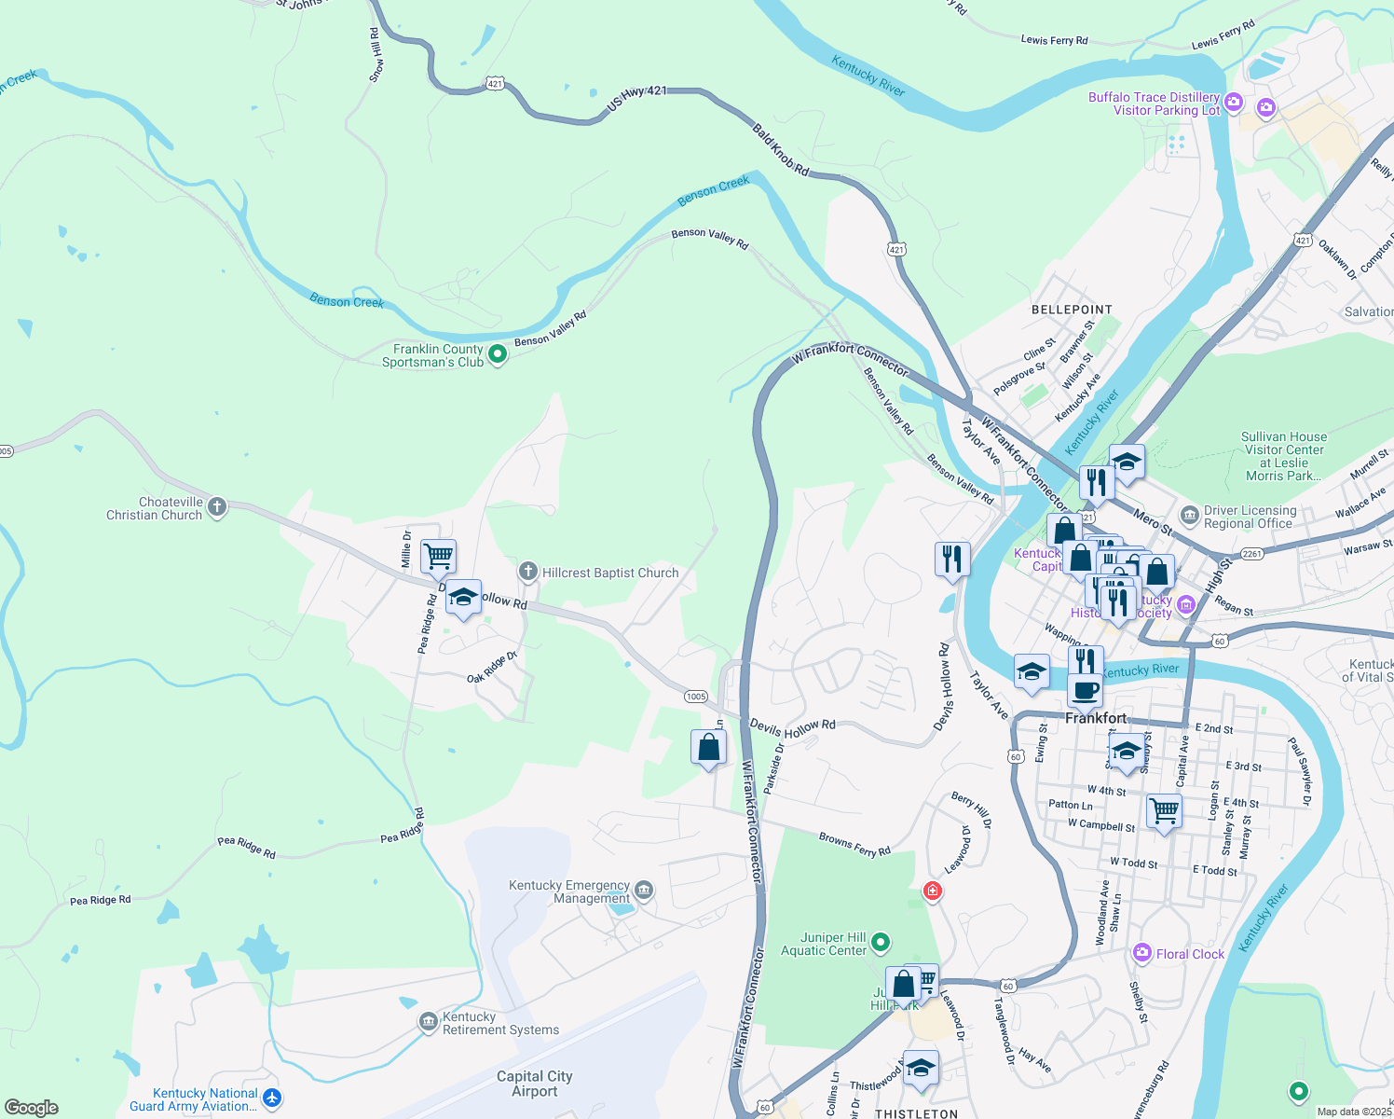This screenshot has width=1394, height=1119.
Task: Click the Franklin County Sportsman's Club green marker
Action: click(498, 354)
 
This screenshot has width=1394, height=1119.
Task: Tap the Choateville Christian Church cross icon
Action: click(217, 507)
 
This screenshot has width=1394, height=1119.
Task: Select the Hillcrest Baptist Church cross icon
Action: click(528, 571)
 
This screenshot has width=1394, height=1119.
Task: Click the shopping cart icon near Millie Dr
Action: click(438, 557)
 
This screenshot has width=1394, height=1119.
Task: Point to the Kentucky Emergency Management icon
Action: click(644, 891)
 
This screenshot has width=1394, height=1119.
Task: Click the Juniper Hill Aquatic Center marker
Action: click(881, 944)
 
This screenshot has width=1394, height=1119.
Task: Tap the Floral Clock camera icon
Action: click(1142, 953)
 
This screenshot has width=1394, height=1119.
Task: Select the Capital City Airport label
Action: click(534, 1084)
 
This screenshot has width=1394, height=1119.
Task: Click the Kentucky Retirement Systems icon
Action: click(428, 1023)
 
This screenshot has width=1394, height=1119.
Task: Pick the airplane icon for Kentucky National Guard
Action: click(272, 1098)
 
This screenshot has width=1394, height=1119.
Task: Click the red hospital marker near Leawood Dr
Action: click(932, 891)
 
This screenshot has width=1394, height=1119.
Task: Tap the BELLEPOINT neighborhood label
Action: click(1072, 310)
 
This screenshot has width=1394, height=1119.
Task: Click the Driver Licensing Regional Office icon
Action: click(1189, 516)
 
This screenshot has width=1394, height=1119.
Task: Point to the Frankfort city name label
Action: click(1096, 718)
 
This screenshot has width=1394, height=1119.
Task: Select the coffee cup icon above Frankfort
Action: click(1085, 691)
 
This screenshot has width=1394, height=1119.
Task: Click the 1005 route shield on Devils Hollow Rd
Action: click(696, 697)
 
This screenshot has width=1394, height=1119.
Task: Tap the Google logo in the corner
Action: click(32, 1108)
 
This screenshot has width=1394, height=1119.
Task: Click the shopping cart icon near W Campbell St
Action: click(1164, 810)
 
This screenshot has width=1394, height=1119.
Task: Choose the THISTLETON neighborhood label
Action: click(916, 1113)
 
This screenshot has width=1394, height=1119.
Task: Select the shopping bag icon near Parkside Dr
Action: click(708, 747)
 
